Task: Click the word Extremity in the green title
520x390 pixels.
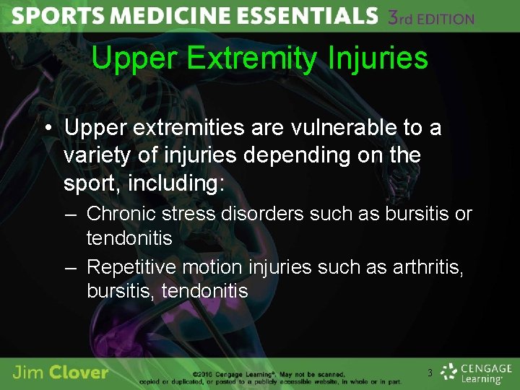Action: [243, 58]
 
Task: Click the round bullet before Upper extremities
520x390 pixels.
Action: [47, 129]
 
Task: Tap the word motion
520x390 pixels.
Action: [212, 267]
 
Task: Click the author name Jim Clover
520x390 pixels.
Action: [61, 373]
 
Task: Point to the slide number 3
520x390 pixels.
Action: [430, 373]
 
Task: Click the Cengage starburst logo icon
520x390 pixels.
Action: [449, 372]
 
